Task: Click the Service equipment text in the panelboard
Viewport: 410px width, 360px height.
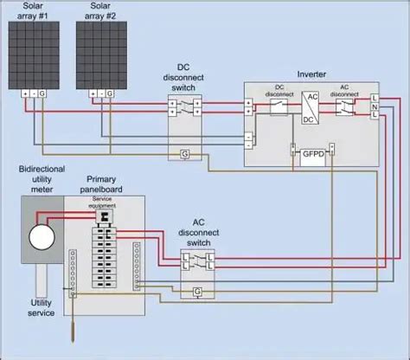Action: pos(103,201)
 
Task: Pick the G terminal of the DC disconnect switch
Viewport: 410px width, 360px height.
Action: pos(185,153)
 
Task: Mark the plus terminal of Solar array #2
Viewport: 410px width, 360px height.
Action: pos(89,93)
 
